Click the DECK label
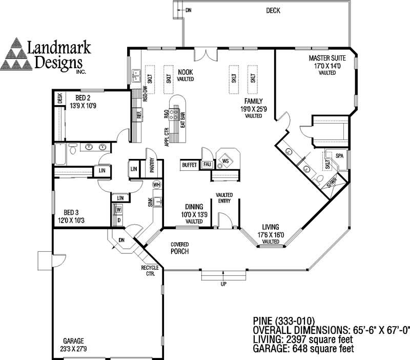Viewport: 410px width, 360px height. click(273, 10)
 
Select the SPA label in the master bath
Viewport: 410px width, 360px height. click(339, 155)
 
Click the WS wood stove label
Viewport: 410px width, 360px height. click(225, 161)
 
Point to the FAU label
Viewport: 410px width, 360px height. click(207, 165)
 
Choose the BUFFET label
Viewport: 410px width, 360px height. click(189, 165)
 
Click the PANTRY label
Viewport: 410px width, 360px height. click(152, 165)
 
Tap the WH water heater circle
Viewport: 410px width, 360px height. click(157, 185)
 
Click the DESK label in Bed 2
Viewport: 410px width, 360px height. click(59, 97)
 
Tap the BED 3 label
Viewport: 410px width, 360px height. click(70, 212)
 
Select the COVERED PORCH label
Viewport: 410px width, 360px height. click(180, 248)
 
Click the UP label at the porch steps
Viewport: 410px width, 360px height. click(223, 284)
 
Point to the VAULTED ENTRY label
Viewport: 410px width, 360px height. click(224, 198)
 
